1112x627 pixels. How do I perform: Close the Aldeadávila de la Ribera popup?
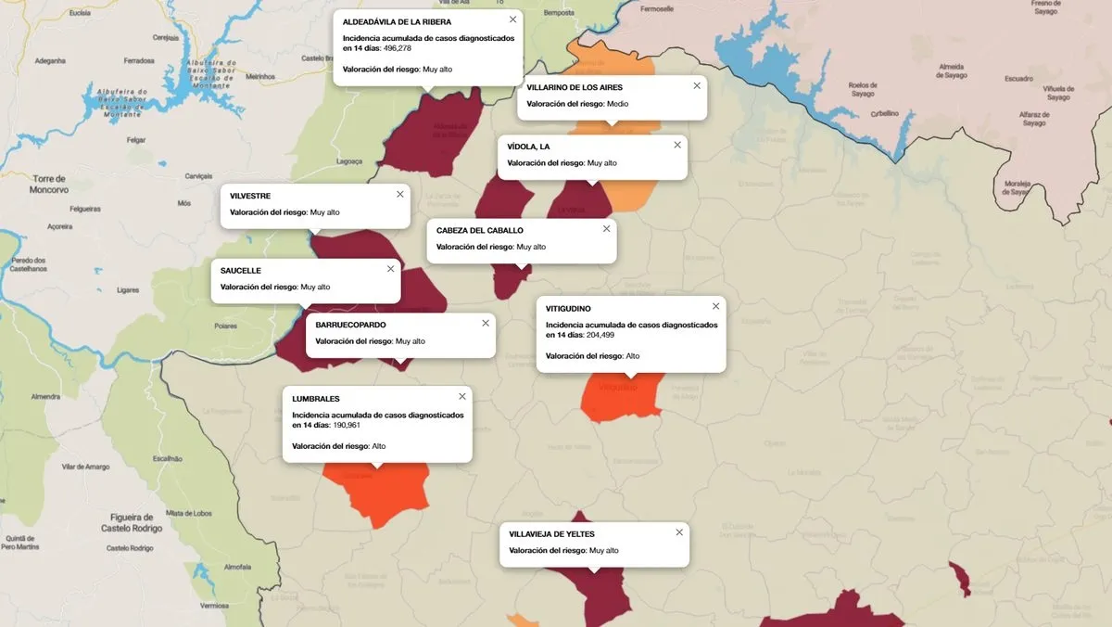point(512,19)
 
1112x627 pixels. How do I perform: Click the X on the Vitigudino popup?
point(715,306)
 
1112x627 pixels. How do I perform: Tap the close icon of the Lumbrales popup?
point(461,396)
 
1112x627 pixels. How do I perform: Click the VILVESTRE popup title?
point(250,196)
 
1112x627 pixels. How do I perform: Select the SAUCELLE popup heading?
point(241,270)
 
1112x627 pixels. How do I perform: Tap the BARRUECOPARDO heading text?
point(350,325)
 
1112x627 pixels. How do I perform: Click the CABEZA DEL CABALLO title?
point(480,230)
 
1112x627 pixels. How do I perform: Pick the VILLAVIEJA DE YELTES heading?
point(552,534)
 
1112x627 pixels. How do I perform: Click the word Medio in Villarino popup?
point(617,104)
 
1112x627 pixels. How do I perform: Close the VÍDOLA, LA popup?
point(677,145)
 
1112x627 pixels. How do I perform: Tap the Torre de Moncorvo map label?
point(48,184)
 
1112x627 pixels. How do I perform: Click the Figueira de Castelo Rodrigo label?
point(131,522)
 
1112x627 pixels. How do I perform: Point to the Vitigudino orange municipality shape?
point(621,399)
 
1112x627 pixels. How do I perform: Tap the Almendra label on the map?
point(45,397)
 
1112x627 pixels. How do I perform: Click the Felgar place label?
point(136,140)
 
